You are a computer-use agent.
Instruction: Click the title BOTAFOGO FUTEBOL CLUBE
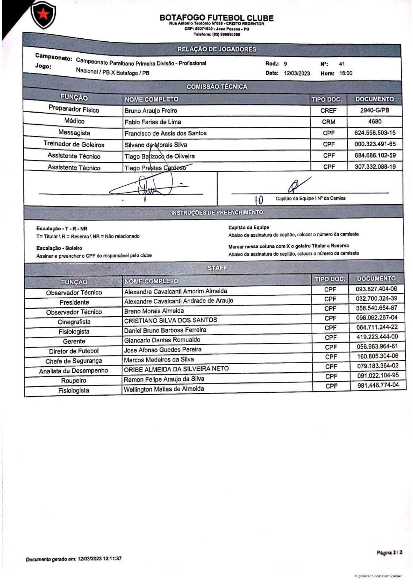tap(216, 18)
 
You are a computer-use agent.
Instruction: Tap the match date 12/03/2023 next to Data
tap(297, 73)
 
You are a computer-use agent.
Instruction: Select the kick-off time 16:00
tap(345, 73)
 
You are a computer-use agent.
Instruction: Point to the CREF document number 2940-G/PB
tap(374, 110)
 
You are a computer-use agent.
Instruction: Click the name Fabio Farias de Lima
tap(153, 122)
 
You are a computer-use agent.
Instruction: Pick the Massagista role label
tap(74, 132)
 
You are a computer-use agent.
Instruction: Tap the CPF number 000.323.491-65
tap(375, 144)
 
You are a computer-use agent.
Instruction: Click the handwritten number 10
tap(259, 200)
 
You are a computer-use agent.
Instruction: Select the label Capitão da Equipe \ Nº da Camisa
tap(310, 198)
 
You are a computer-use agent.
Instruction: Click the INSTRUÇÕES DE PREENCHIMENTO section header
tap(217, 212)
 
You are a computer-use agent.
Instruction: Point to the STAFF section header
tap(217, 268)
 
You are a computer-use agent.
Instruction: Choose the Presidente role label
tap(74, 302)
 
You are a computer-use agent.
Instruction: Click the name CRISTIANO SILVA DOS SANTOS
tap(171, 320)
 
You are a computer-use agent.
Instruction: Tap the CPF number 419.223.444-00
tap(377, 337)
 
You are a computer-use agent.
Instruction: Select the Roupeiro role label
tap(74, 381)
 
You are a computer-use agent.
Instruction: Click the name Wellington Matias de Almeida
tap(164, 389)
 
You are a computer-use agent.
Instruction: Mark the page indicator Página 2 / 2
tap(389, 552)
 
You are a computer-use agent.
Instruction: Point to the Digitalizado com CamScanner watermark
tap(378, 576)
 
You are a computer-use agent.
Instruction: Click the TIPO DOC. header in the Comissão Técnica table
tap(326, 99)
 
